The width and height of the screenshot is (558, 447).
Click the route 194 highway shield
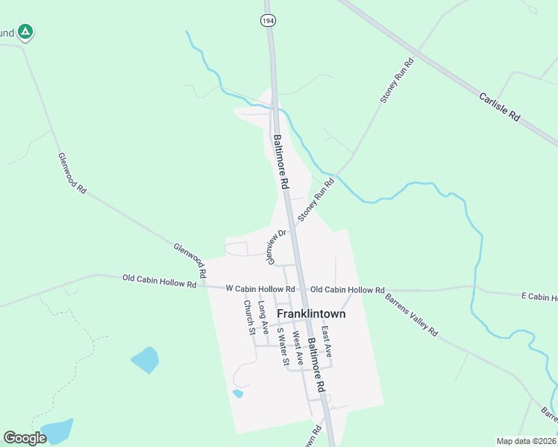pos(269,21)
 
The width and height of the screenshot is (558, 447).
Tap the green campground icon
pos(25,32)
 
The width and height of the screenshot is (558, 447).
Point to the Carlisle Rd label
pos(499,107)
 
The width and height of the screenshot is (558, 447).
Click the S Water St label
pos(282,346)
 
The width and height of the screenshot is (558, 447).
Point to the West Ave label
pos(298,348)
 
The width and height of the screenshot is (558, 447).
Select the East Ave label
pos(326,340)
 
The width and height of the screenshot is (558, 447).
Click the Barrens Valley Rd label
pos(412,315)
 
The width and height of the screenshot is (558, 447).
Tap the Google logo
pos(25,438)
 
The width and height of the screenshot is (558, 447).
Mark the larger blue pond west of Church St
pos(145,360)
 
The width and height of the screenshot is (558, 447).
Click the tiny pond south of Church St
pos(238,393)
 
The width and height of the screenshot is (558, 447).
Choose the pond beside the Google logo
pos(57,430)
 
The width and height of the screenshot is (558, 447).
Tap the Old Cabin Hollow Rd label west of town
pos(159,281)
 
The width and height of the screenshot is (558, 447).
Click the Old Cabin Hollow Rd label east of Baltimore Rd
pos(347,289)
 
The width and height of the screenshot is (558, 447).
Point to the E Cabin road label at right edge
pos(539,297)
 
